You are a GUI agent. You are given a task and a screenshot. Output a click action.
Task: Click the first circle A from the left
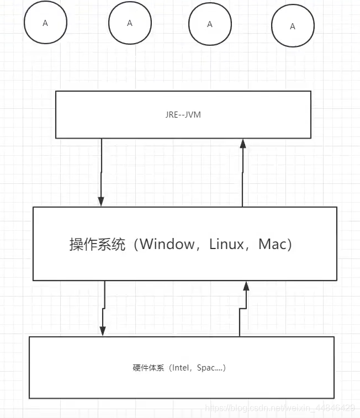(x=45, y=23)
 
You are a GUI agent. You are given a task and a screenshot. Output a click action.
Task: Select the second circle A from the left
(x=130, y=23)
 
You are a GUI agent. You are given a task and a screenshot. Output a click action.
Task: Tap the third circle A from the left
(x=209, y=24)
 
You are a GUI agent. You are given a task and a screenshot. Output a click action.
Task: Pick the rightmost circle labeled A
(x=293, y=26)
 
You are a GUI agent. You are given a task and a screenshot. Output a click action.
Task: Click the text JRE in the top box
(x=171, y=115)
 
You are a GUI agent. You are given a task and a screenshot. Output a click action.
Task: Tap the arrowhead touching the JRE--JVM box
(x=242, y=144)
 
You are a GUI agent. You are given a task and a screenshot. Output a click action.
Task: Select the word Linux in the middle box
(x=226, y=244)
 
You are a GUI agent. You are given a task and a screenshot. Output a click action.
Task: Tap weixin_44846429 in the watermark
(x=320, y=408)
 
